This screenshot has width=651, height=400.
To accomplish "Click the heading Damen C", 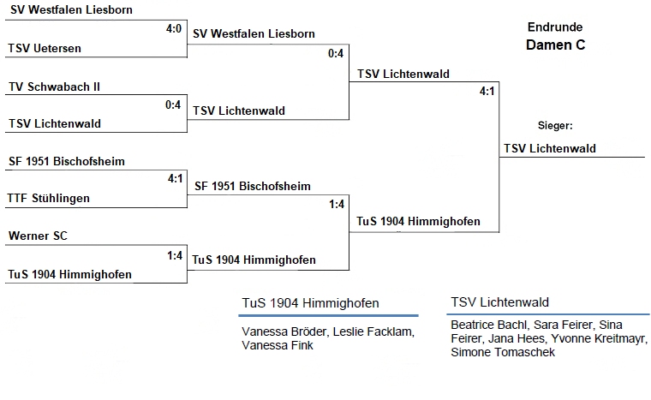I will pyautogui.click(x=555, y=45).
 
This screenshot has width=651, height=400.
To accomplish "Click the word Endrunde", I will pyautogui.click(x=555, y=27).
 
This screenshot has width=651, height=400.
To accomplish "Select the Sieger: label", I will pyautogui.click(x=555, y=125).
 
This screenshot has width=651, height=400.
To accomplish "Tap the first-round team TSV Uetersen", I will pyautogui.click(x=45, y=48).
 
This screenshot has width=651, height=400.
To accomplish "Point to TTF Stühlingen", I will pyautogui.click(x=49, y=198).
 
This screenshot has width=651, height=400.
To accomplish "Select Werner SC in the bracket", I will pyautogui.click(x=38, y=235).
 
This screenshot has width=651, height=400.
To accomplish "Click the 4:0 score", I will pyautogui.click(x=175, y=29).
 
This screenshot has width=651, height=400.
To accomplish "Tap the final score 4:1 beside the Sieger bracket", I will pyautogui.click(x=487, y=91).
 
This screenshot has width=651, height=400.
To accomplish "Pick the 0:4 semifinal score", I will pyautogui.click(x=336, y=54).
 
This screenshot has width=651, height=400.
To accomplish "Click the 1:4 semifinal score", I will pyautogui.click(x=336, y=204).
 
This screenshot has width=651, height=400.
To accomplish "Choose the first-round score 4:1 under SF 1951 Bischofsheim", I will pyautogui.click(x=175, y=179).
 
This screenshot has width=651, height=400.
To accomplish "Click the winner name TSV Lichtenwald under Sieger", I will pyautogui.click(x=549, y=148).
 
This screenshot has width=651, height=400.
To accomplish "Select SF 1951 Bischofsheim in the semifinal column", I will pyautogui.click(x=252, y=185).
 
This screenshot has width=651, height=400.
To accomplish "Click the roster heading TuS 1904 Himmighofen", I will pyautogui.click(x=309, y=302).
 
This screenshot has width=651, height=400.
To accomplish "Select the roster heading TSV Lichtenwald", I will pyautogui.click(x=499, y=302).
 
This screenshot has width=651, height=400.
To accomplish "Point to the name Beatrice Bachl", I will pyautogui.click(x=484, y=325).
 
